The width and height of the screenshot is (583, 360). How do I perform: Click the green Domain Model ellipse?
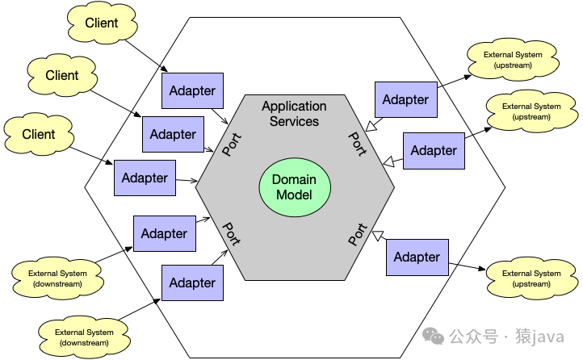[294, 187]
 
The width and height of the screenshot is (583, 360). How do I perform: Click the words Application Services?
[294, 114]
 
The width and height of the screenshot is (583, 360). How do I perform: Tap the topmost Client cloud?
[101, 24]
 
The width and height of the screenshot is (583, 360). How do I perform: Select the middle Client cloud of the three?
[62, 76]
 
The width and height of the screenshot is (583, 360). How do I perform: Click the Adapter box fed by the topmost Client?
[192, 91]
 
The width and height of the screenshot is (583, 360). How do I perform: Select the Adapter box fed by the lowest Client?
[145, 178]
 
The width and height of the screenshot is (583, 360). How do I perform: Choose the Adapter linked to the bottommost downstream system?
[192, 283]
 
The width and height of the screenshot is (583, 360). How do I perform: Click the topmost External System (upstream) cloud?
[513, 60]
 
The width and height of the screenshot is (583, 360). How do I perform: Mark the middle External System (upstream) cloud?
[531, 111]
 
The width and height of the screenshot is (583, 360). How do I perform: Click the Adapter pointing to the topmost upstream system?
[405, 100]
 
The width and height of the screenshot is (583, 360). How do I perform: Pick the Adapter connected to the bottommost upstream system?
[417, 257]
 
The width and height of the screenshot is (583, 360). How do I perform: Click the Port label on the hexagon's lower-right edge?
[358, 235]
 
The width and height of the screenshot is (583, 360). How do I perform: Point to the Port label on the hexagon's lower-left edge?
[232, 235]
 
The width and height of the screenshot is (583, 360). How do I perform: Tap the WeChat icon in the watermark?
[433, 336]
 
